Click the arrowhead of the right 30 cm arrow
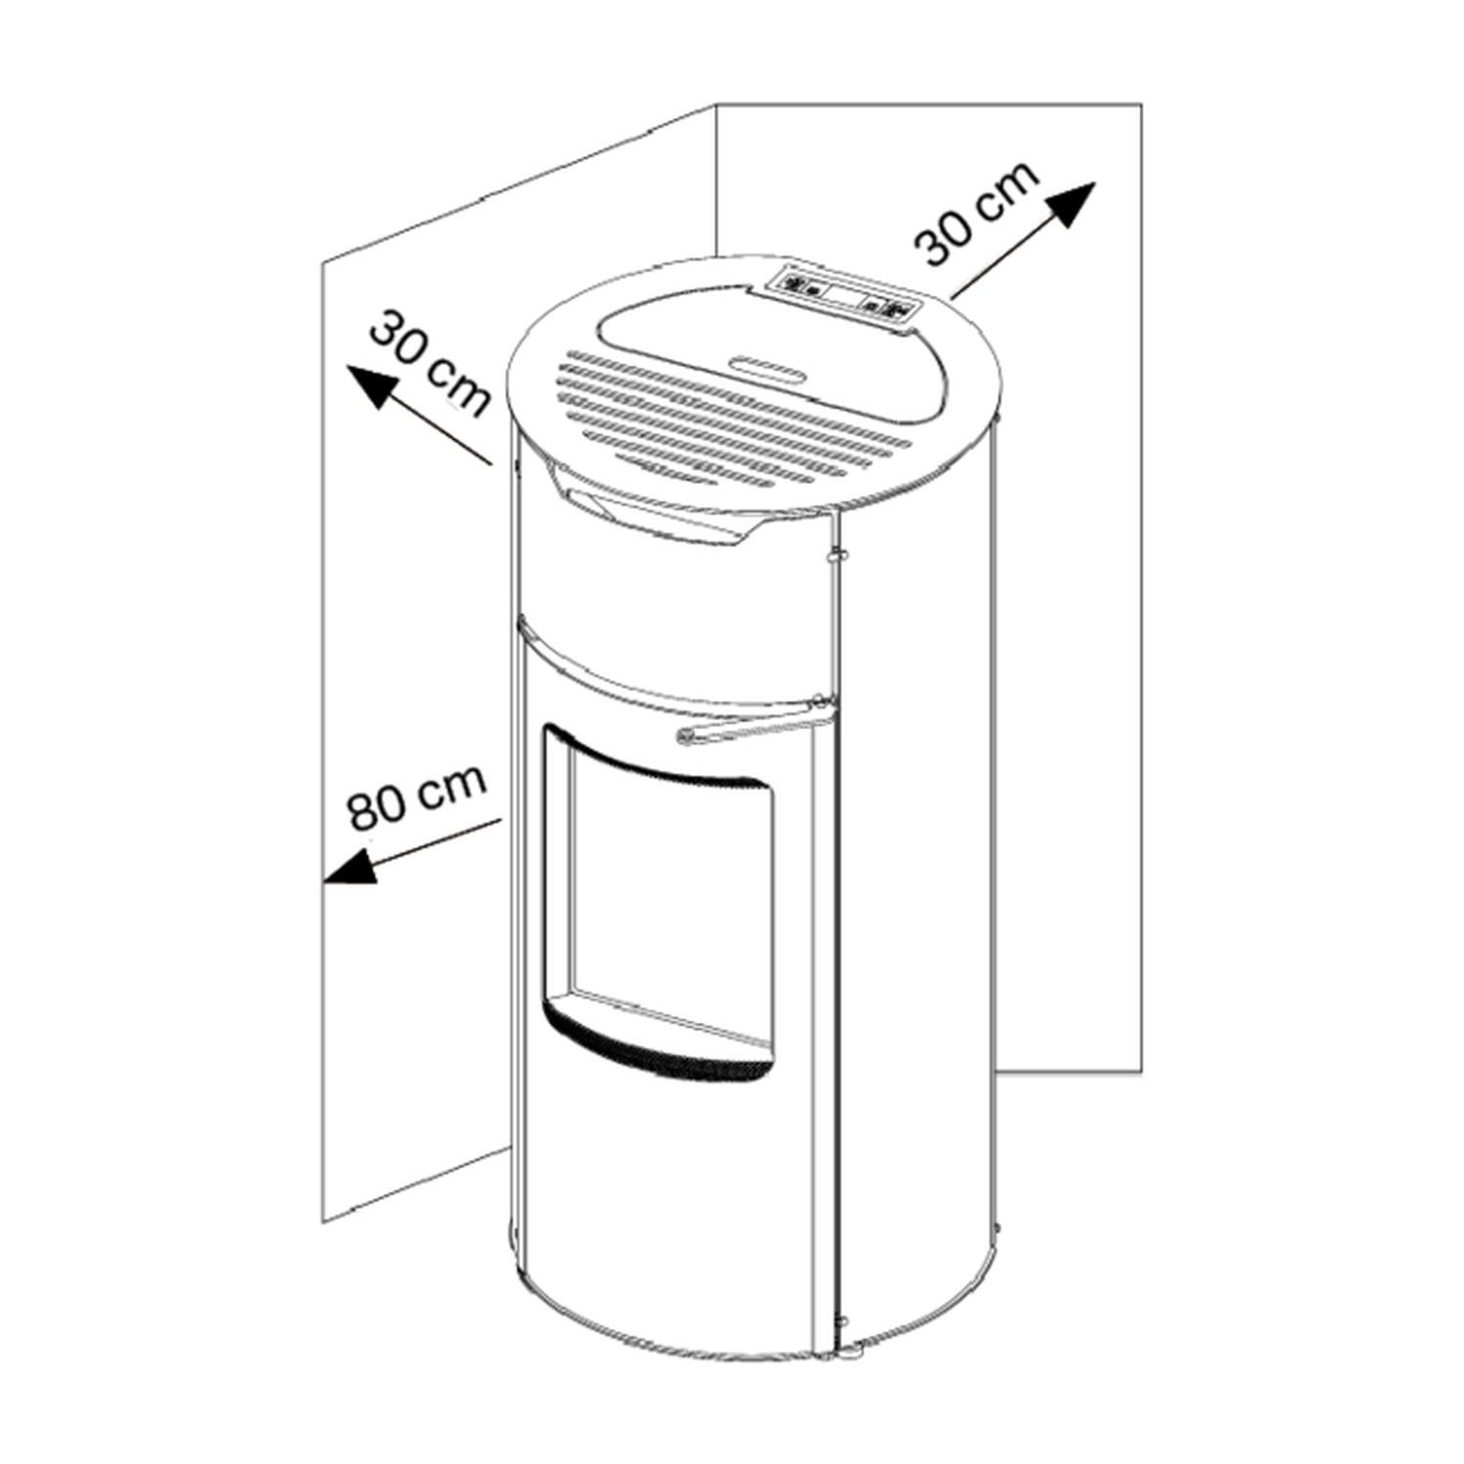[x=1072, y=205]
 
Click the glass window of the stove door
[x=673, y=898]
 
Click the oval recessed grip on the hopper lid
[x=766, y=367]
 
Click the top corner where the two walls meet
[x=717, y=102]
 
